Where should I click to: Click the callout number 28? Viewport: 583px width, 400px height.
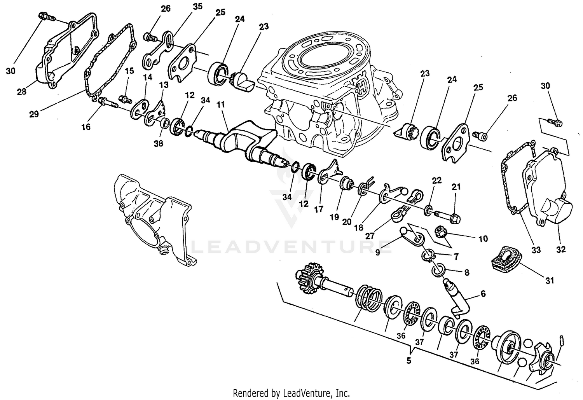click(x=21, y=92)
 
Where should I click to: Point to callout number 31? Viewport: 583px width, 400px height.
click(x=549, y=280)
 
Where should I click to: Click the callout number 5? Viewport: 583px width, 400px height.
click(x=408, y=360)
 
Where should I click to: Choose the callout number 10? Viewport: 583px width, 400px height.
click(x=483, y=239)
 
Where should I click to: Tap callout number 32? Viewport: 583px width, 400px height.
click(x=560, y=249)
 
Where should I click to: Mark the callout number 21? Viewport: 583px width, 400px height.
click(x=456, y=187)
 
